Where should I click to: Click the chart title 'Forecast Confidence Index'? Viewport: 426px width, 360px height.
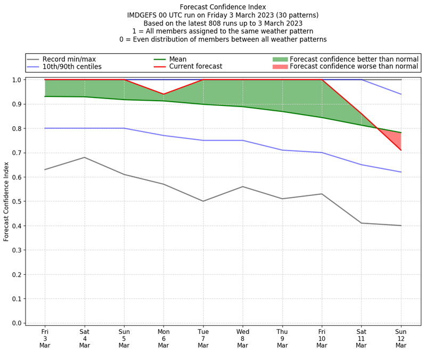[x=223, y=7]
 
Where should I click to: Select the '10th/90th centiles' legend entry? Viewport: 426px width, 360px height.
[x=72, y=67]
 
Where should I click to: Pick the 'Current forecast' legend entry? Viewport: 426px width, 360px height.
[x=195, y=67]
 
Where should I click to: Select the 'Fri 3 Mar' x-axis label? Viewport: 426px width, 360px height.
[x=45, y=338]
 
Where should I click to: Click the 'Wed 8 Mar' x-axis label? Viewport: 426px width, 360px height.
[x=243, y=338]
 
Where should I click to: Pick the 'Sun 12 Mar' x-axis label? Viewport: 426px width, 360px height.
[x=401, y=338]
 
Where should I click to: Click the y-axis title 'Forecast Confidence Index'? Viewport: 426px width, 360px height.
[x=6, y=201]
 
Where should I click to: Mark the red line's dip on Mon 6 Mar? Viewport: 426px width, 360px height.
[x=163, y=94]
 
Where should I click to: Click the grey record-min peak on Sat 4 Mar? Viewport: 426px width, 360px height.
[x=84, y=158]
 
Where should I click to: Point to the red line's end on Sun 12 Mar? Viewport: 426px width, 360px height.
[x=401, y=150]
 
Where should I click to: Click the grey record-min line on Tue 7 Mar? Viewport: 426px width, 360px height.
[x=203, y=201]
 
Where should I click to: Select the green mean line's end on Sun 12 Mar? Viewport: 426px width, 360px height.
[x=401, y=133]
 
